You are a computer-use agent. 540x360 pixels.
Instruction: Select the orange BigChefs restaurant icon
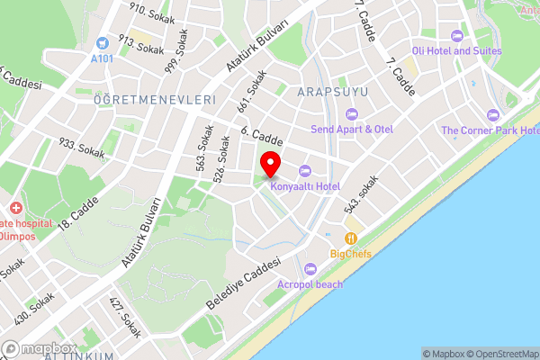tap(351, 238)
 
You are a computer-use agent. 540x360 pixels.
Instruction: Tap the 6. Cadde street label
tap(263, 138)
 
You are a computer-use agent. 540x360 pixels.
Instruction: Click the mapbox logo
tap(38, 348)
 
